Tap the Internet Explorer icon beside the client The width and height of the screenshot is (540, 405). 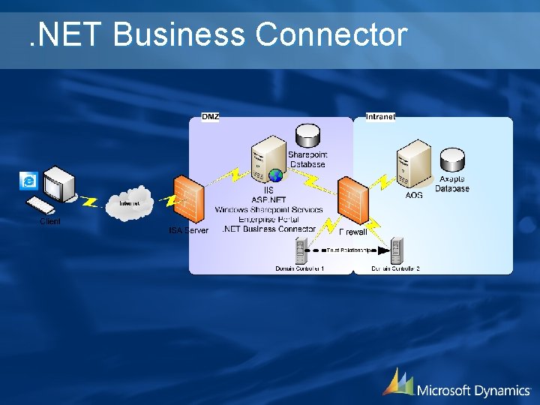coord(29,181)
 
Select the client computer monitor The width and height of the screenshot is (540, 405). coord(59,181)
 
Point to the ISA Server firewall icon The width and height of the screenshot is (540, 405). coord(188,199)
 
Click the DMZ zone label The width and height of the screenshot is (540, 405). coord(211,116)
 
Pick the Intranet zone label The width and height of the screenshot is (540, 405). coord(380,116)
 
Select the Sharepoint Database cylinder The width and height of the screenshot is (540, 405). coord(307,136)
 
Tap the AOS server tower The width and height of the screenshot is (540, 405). coord(413,164)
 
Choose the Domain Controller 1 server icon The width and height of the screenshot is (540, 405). coord(301,249)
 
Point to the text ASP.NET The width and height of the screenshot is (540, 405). coord(268,200)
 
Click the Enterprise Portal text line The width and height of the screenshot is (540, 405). coord(268,219)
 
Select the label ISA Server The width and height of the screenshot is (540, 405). coord(188,230)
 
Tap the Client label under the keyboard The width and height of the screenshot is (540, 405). coord(50,222)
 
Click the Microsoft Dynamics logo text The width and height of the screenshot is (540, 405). coord(473,390)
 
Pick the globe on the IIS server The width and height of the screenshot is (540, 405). coord(276,175)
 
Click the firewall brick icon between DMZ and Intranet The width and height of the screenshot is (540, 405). coord(352,196)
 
